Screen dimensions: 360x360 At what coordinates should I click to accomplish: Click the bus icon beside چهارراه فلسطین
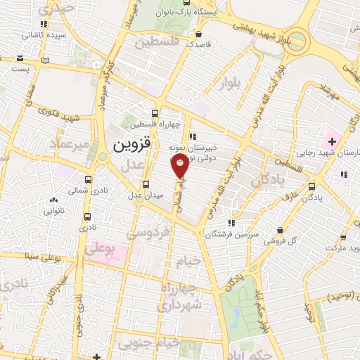click(x=155, y=112)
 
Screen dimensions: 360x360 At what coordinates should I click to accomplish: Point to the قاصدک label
click(x=200, y=43)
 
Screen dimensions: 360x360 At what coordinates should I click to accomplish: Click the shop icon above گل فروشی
click(x=281, y=230)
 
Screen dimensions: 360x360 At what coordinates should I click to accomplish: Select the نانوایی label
click(x=55, y=209)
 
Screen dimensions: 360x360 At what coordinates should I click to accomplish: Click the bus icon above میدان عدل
click(x=146, y=184)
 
